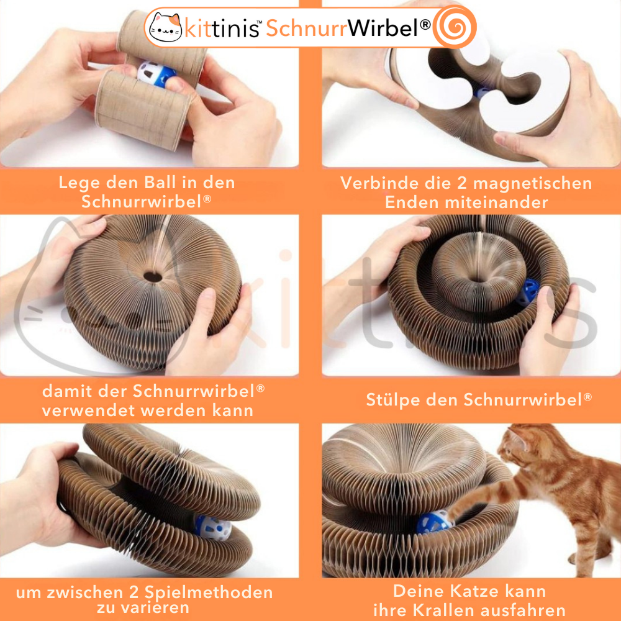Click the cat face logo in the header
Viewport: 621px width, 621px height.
click(166, 27)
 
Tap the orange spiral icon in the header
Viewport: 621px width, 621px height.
click(455, 27)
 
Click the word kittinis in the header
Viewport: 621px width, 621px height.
click(222, 29)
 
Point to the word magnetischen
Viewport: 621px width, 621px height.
click(533, 183)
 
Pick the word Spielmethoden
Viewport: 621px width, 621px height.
click(209, 593)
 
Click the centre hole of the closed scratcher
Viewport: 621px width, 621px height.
click(153, 276)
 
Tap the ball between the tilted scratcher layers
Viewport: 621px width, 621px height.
click(213, 527)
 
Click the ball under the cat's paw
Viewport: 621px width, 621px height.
click(433, 522)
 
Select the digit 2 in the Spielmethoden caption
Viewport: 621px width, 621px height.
click(134, 593)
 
